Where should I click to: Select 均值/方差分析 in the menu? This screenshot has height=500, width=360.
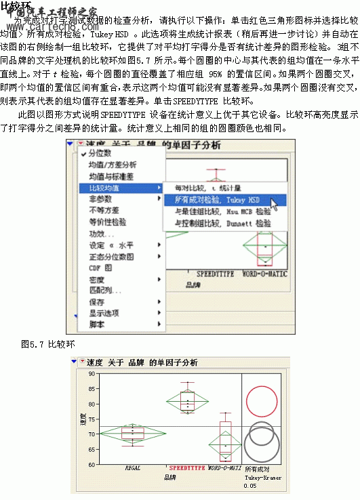[113, 165]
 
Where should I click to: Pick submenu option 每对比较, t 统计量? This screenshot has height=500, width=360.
[206, 188]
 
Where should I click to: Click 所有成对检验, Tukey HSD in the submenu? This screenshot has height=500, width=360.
[217, 200]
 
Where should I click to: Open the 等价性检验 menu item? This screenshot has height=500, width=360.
[108, 222]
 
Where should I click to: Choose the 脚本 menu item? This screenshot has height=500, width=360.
[97, 325]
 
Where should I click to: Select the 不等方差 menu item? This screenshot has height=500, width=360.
[104, 210]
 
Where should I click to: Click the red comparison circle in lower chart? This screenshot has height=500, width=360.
[262, 400]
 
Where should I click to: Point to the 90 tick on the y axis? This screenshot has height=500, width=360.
[92, 373]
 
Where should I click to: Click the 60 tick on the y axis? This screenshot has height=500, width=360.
[92, 464]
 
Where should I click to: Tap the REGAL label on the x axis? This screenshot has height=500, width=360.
[133, 468]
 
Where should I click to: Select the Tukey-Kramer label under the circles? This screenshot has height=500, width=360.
[262, 478]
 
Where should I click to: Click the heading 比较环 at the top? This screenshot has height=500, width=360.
[16, 6]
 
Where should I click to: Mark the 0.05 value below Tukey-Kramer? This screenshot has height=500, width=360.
[250, 486]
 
